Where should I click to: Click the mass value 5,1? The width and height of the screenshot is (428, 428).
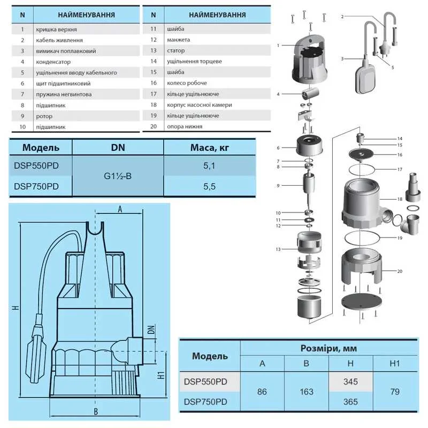pyautogui.click(x=210, y=167)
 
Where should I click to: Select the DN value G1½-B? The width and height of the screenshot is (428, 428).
pyautogui.click(x=118, y=176)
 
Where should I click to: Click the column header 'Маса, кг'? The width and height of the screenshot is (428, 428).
pyautogui.click(x=210, y=147)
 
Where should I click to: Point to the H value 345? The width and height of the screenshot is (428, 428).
pyautogui.click(x=347, y=381)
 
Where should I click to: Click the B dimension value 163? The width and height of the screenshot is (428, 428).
pyautogui.click(x=307, y=392)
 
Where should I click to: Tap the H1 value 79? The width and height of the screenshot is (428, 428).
pyautogui.click(x=395, y=392)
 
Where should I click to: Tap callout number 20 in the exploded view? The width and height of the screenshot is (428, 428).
pyautogui.click(x=399, y=271)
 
